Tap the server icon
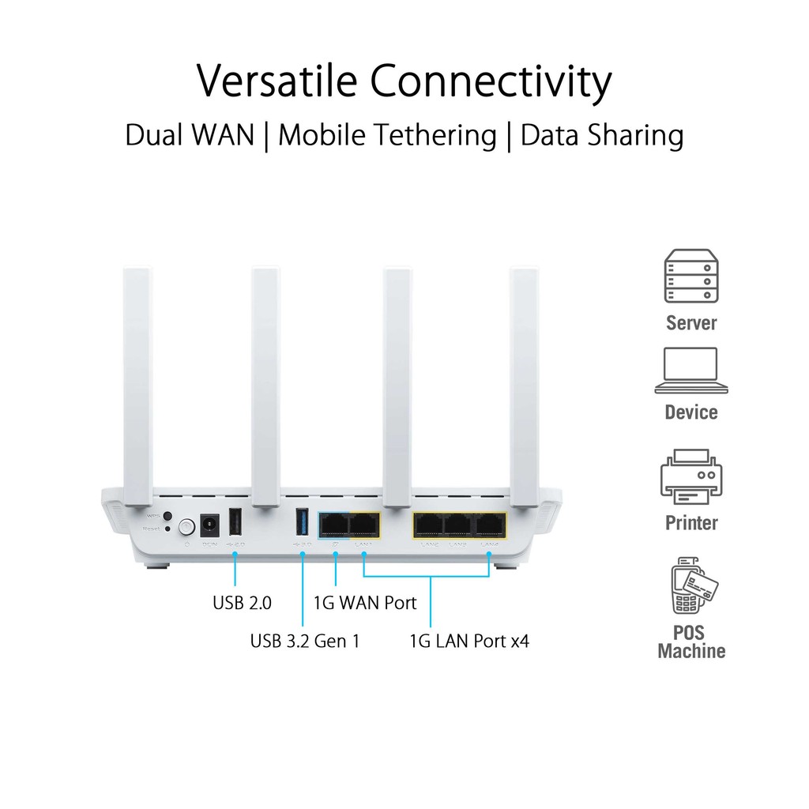coord(691,276)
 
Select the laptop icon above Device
coord(691,371)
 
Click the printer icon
coord(691,476)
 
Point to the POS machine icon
coord(693,585)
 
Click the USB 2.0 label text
coord(243,603)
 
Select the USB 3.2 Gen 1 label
coord(305,640)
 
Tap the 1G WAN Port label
coord(365,603)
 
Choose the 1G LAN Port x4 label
coord(469,640)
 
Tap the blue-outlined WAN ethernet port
coord(333,524)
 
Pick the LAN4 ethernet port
coord(490,524)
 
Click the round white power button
coord(187,525)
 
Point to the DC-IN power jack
coord(210,524)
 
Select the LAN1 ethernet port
coord(364,524)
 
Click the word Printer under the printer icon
coord(691,522)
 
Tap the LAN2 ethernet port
coord(429,524)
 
